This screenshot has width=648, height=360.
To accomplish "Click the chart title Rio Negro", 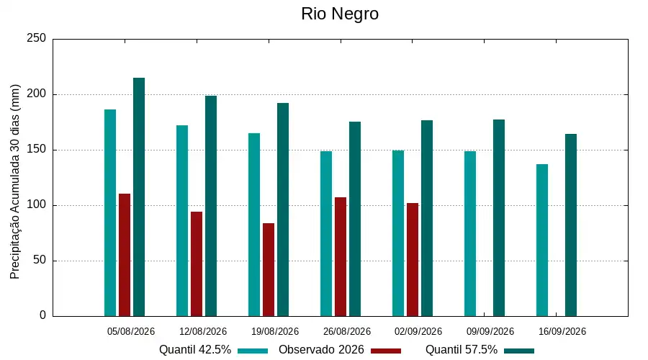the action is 340,14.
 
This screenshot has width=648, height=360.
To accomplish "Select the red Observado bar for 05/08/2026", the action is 125,255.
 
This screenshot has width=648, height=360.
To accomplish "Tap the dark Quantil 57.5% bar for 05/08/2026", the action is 139,197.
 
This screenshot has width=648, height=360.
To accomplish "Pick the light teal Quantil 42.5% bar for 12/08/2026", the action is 182,221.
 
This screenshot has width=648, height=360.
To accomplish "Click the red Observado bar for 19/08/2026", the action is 269,270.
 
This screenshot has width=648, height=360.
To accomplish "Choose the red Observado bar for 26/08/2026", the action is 341,256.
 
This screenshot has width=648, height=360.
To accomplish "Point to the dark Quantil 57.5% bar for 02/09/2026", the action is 427,218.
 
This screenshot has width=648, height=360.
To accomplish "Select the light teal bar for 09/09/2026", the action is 470,234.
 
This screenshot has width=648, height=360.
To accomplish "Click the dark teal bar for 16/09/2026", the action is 571,225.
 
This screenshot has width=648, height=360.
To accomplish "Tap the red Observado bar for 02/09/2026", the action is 413,260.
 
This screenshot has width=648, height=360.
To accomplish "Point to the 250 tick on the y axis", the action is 37,38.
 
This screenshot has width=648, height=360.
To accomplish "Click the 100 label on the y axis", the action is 37,205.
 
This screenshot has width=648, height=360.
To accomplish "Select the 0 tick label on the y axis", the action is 42,315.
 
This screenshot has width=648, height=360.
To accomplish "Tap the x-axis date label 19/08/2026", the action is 275,331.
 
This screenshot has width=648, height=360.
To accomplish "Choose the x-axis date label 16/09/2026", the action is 562,331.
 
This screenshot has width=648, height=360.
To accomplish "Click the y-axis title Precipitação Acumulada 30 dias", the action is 15,182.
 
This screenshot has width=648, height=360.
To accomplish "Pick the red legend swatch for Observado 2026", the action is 386,351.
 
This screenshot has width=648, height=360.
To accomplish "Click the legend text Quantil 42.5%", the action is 195,350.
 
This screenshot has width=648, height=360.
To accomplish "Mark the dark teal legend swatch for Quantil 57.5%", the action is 519,351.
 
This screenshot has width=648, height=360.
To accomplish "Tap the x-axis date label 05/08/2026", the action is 131,331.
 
